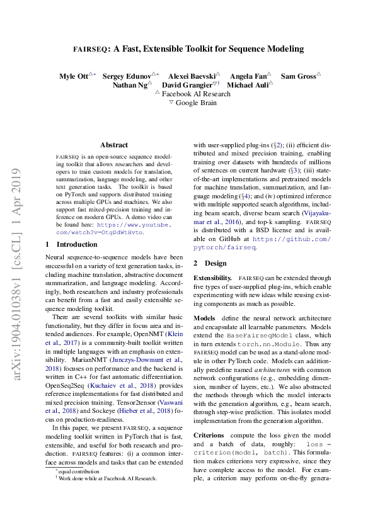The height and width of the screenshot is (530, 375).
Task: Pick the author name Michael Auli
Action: tap(248, 84)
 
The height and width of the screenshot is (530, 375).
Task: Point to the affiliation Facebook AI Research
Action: tap(196, 93)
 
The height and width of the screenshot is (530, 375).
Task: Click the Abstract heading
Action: tap(114, 145)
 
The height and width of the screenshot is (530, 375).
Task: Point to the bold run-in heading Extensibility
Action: tap(214, 278)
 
